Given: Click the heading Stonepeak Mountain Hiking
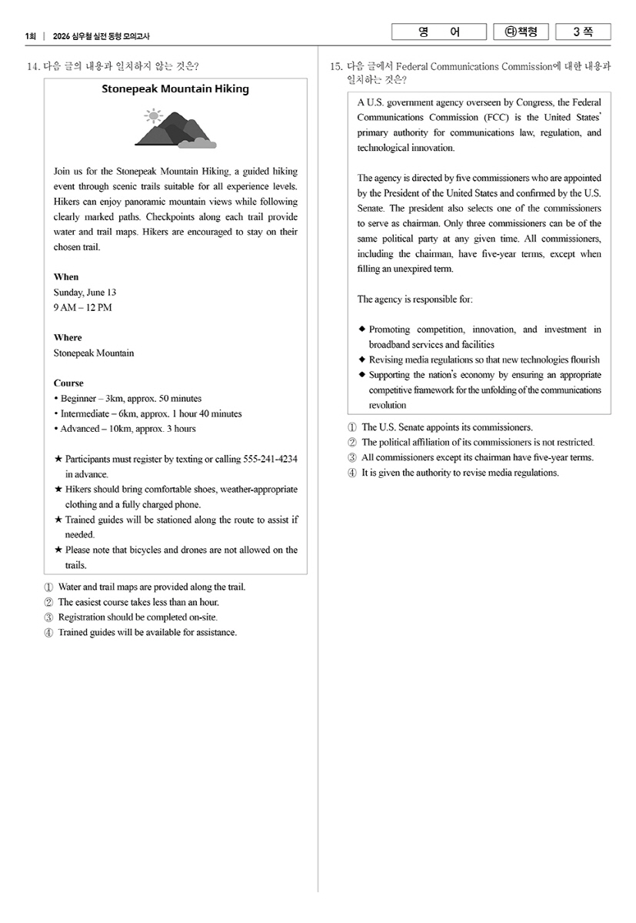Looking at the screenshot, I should click(x=175, y=89).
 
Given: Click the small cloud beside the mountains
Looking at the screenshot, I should click(x=198, y=142).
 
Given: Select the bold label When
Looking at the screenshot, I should click(x=66, y=277).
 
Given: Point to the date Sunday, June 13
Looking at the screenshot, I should click(x=85, y=293).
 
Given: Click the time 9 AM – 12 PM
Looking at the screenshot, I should click(x=82, y=308).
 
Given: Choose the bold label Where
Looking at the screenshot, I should click(x=68, y=338).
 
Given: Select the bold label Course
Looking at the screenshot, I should click(x=68, y=383).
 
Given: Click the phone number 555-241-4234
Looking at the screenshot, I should click(x=270, y=460).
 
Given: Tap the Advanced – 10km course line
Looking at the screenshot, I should click(x=128, y=429).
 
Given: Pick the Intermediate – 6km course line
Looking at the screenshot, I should click(x=151, y=413).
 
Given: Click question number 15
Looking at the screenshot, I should click(x=335, y=67).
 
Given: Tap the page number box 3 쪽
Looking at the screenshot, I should click(x=583, y=32).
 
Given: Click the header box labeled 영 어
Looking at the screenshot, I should click(x=439, y=32).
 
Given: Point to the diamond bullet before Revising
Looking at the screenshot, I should click(x=362, y=360).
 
